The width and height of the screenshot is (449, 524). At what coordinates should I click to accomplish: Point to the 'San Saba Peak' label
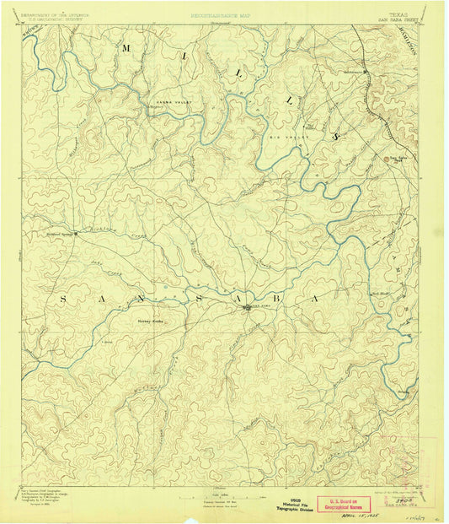398,157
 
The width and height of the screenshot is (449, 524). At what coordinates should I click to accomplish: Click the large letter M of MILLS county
126,50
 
